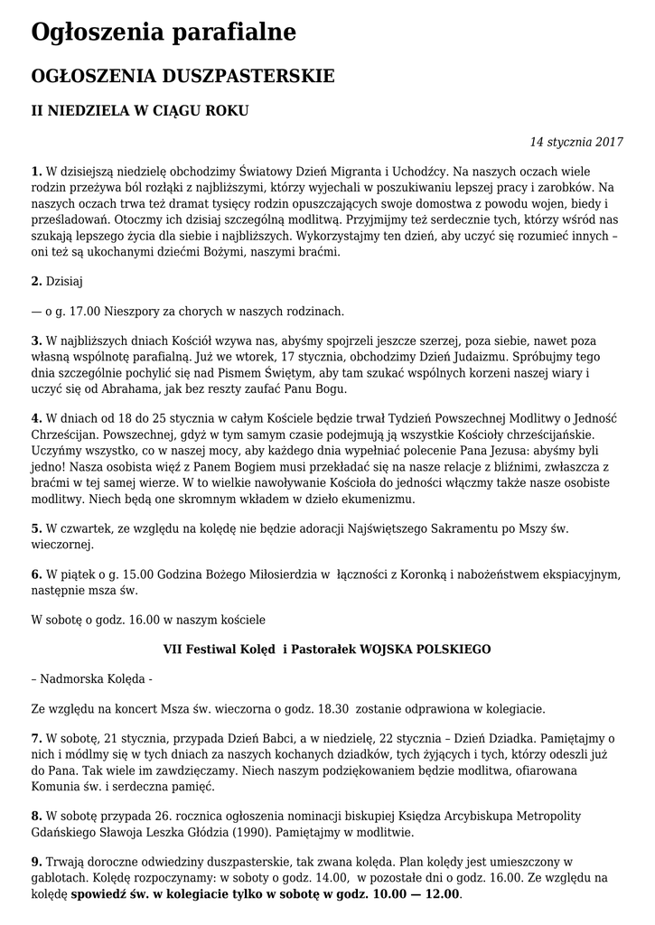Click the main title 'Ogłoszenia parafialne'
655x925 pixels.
pos(164,33)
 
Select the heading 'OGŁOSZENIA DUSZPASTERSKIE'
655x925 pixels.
pos(182,76)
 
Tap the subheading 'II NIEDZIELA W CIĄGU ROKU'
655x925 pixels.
pos(140,111)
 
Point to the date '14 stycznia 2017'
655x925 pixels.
pos(576,142)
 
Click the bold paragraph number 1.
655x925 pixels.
pos(36,171)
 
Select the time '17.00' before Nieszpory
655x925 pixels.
pos(84,312)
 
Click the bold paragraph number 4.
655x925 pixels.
pos(36,418)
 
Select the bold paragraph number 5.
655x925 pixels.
pos(36,528)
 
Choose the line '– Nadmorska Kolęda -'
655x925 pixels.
pos(92,678)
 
